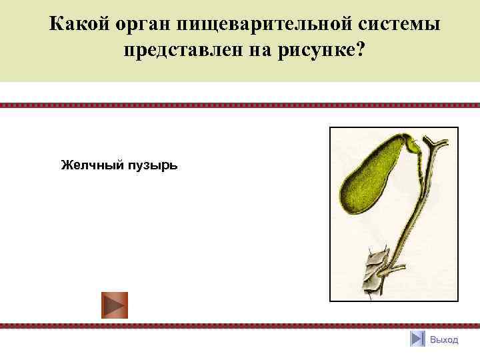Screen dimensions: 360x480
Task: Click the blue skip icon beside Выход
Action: coord(417,339)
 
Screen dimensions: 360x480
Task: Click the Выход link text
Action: coord(444,339)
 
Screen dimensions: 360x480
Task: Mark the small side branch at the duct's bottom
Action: coord(397,269)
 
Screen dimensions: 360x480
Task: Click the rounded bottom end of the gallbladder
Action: coord(349,200)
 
